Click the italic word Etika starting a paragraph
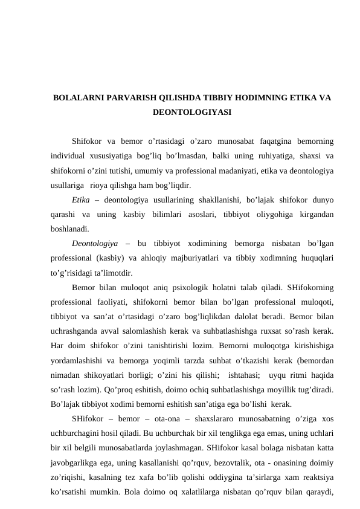(80, 200)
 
